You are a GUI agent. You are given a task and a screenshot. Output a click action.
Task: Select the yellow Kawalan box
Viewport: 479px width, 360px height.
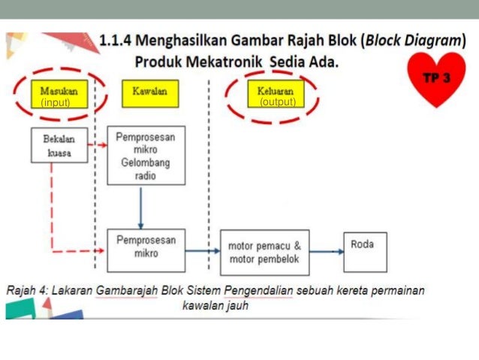pos(149,92)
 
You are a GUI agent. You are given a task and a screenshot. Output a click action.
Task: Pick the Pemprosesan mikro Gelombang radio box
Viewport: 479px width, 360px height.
pos(146,156)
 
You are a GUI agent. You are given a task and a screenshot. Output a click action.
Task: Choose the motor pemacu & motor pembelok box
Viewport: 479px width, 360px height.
pos(264,251)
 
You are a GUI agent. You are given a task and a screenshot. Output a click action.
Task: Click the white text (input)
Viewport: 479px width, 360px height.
pos(56,102)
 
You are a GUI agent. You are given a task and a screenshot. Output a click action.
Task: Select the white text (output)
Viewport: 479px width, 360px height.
pos(277,102)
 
